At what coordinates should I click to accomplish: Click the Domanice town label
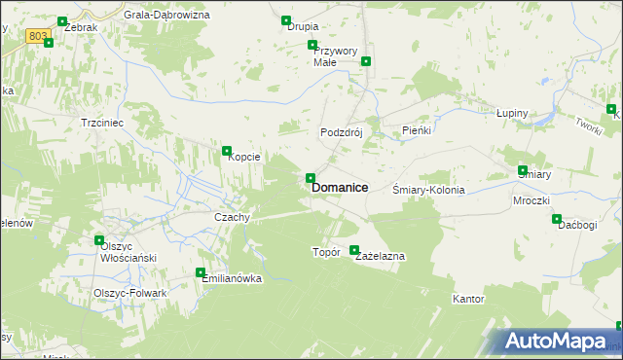coord(339,189)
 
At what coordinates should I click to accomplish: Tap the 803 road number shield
coord(38,36)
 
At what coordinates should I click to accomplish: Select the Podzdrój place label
coord(342,132)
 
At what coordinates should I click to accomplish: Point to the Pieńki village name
coord(417,129)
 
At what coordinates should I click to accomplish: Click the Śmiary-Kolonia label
coord(428,191)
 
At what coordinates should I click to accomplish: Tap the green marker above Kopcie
coord(227,151)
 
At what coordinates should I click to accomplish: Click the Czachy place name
coord(233,217)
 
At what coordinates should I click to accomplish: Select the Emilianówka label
coord(233,278)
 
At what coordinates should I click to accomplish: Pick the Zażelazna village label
coord(380,256)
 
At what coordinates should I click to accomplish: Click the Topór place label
coord(325,252)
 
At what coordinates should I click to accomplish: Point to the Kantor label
coord(468,299)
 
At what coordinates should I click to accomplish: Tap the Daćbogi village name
coord(576,226)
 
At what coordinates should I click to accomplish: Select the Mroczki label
coord(531,200)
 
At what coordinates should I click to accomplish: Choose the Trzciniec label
coord(99,124)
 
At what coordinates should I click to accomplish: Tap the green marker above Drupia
coord(286,20)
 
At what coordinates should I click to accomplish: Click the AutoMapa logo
coord(559,342)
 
